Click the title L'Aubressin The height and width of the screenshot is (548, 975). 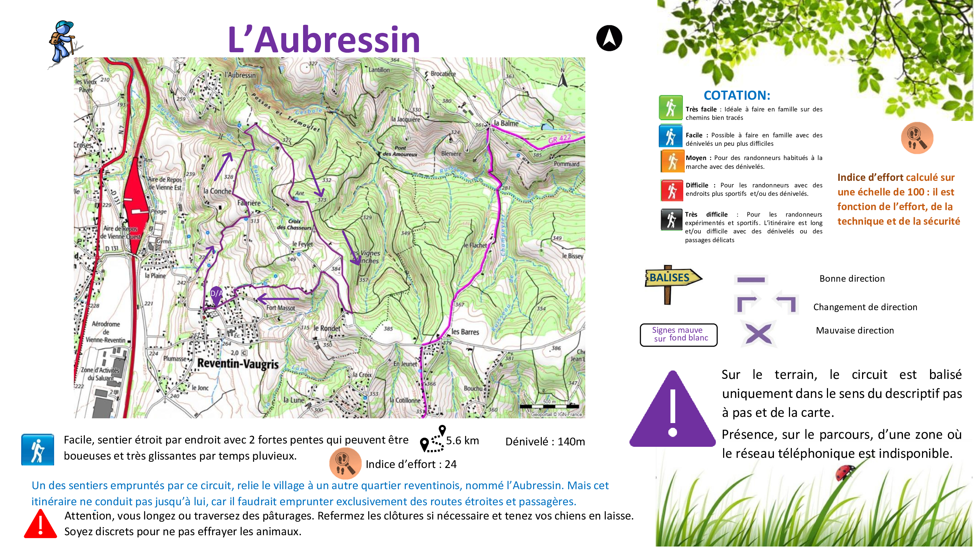324,39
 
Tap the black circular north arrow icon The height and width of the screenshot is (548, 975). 609,38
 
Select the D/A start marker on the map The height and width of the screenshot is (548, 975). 216,295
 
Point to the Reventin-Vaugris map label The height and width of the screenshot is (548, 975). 238,364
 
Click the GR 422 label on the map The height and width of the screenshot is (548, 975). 559,139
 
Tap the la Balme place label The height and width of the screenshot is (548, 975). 506,123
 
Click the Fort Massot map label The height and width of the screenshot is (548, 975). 280,308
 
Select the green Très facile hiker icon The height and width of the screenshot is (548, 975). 671,108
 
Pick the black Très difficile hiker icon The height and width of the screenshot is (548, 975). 671,220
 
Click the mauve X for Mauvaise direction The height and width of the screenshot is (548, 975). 758,334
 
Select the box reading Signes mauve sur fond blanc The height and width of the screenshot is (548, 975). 679,335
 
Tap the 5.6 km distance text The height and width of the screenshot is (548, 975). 462,441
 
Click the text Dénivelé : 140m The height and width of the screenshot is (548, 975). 545,442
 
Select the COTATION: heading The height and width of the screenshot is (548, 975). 737,95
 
